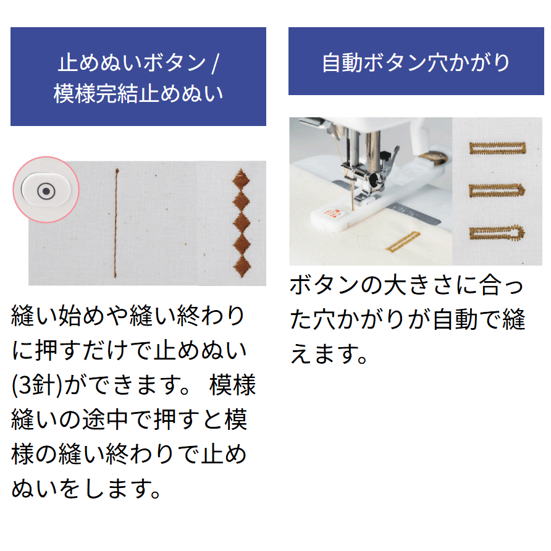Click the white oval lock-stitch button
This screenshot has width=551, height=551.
coord(46,190)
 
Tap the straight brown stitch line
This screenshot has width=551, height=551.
coord(116,223)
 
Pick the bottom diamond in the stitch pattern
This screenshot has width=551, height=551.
coord(242,266)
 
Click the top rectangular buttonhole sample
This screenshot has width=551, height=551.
coord(498,148)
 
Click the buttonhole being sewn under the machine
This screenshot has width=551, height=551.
coord(403,242)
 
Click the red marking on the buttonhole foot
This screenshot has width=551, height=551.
coord(330,213)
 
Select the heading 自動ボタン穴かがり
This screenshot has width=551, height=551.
coord(416,62)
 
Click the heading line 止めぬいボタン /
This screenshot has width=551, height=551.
coord(138,62)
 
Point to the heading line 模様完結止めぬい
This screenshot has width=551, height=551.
coord(138,93)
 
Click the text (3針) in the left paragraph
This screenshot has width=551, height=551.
coord(37,385)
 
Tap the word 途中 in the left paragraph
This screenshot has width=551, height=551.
coord(106,419)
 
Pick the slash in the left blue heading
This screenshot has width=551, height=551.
coord(215,63)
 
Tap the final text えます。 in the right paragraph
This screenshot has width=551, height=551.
coord(329,353)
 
